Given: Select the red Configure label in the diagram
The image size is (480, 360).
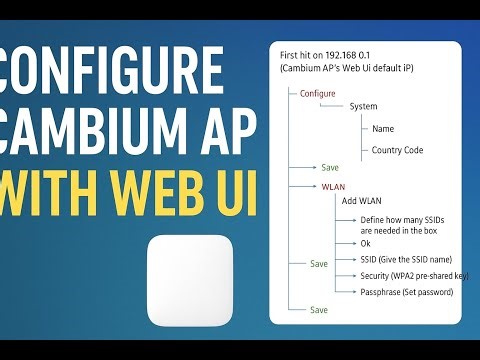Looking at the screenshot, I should pos(317,93).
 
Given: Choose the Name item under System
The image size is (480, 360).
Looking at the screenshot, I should pos(383,128).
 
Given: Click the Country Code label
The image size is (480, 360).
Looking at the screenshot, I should pos(397,150).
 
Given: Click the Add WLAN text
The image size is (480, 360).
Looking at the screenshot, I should pos(361,201).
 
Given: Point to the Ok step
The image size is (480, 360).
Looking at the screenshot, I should pos(365,243).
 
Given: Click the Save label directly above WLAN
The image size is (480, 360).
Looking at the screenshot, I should pos(332,168).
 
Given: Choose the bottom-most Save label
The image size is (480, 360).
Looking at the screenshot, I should pos(319,310).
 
